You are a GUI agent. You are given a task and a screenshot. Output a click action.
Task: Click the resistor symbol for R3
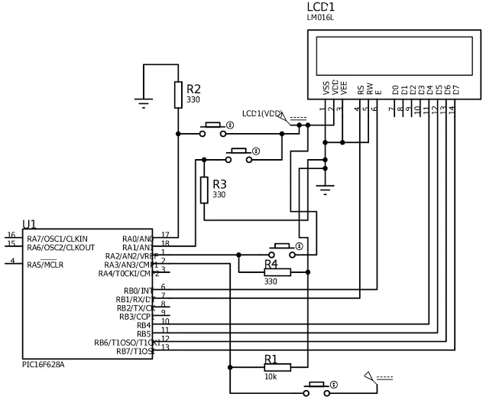click(x=204, y=190)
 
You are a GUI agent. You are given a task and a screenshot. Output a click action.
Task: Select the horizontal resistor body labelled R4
click(x=277, y=272)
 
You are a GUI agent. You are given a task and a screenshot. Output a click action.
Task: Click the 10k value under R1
click(x=271, y=377)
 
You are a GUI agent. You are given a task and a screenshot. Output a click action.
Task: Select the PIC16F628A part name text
click(x=44, y=365)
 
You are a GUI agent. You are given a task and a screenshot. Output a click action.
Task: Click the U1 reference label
click(x=29, y=223)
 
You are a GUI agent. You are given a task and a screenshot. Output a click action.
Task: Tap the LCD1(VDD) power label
click(x=261, y=114)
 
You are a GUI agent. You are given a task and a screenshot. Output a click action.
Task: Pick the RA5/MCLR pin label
click(x=45, y=265)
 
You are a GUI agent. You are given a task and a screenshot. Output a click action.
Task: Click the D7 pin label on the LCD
click(x=455, y=89)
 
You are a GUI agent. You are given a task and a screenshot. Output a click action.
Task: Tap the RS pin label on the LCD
click(x=361, y=89)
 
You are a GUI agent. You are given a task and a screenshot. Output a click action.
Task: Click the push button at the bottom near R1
click(x=317, y=388)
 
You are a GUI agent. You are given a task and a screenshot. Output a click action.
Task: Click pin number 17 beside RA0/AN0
click(x=164, y=234)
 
